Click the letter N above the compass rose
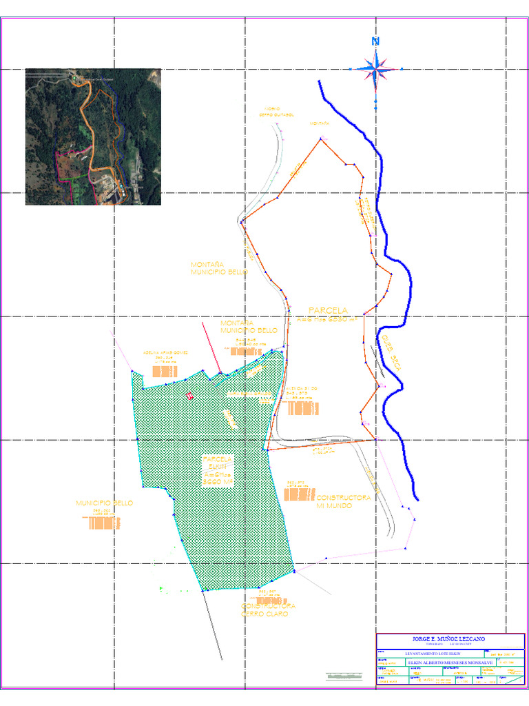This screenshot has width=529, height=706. pos(375,41)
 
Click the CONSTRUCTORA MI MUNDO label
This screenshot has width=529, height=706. pos(343,501)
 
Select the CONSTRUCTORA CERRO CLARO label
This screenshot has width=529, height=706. pos(268,609)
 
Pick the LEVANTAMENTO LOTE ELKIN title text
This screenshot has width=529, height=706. pos(431,653)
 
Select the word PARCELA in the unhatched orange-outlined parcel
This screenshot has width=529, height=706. pos(328,311)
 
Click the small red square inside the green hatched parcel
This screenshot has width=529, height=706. pos(189,395)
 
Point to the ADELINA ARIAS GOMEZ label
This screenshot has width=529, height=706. pos(165,353)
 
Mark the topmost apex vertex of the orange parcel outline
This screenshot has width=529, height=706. pos(321,139)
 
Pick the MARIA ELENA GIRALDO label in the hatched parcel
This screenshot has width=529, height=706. pos(249,394)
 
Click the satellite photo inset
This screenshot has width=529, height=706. pos(93,137)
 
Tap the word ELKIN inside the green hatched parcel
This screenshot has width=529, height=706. pos(217,467)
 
